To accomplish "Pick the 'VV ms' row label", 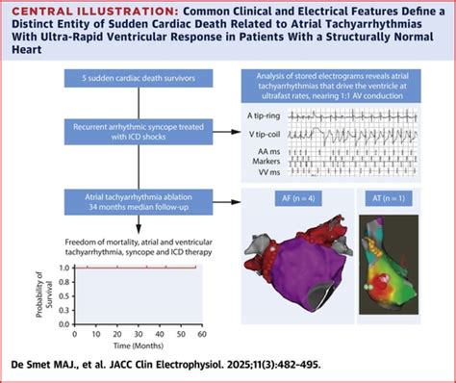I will pos(277,175).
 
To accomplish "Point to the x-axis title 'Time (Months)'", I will pos(140,343).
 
